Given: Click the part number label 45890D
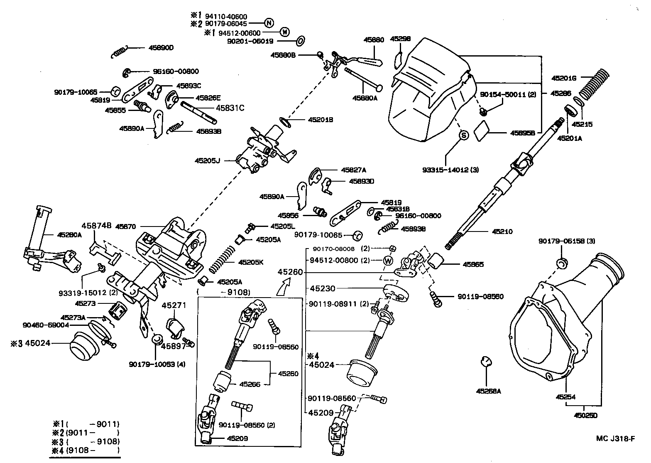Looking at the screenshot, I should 161,48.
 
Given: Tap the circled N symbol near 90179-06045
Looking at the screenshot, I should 269,23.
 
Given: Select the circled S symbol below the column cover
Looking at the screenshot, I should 464,135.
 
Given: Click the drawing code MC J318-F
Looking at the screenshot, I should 615,438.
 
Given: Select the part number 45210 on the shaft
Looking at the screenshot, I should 502,231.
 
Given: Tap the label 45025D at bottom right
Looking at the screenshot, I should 585,415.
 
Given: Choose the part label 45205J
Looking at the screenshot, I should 207,160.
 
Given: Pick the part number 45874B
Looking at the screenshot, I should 96,226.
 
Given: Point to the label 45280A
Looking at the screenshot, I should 69,235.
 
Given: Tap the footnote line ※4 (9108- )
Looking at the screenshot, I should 86,450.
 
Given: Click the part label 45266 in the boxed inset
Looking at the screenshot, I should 250,384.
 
